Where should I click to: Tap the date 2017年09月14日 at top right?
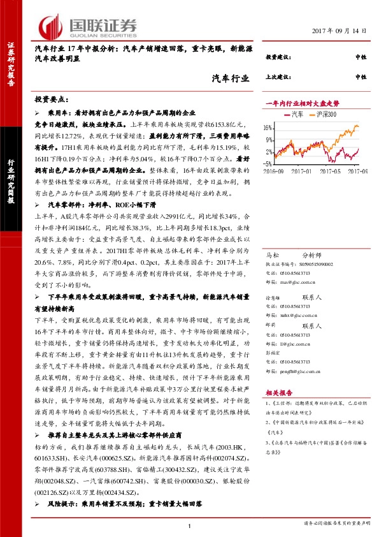pyautogui.click(x=342, y=31)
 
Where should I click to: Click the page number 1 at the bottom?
pyautogui.click(x=190, y=524)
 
